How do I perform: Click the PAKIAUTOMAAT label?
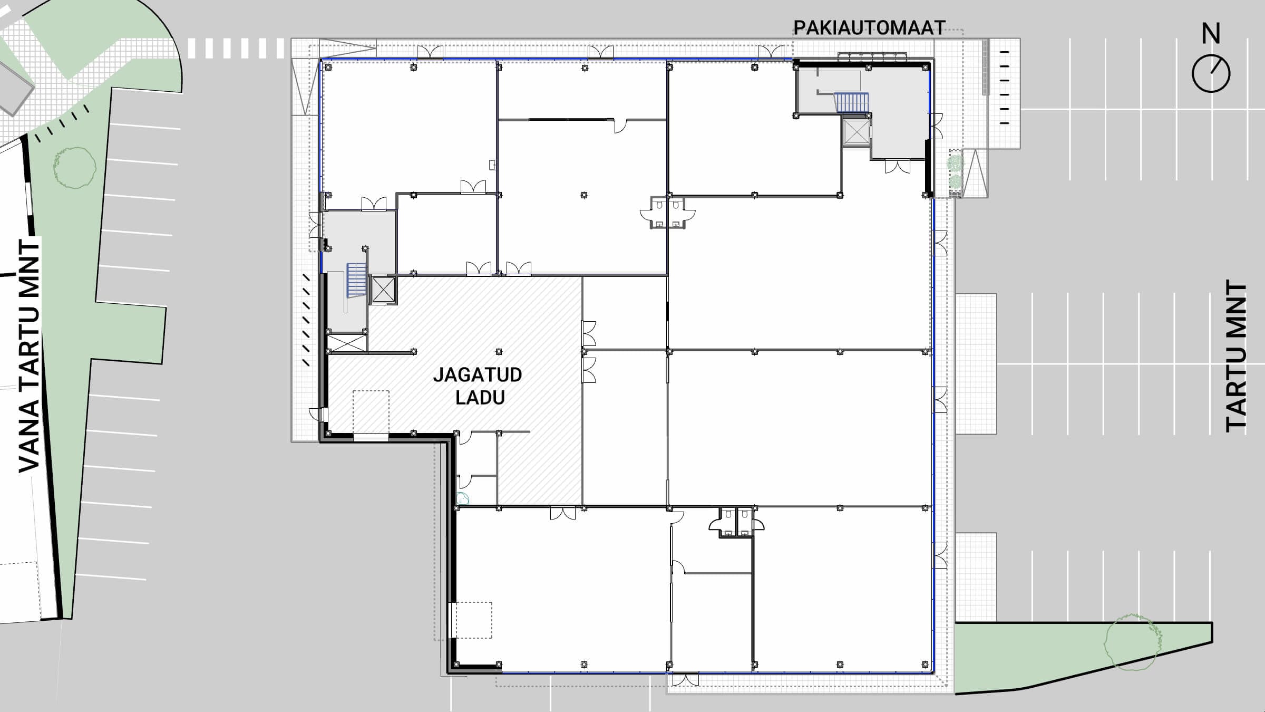tap(869, 28)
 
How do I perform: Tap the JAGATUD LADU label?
tap(478, 386)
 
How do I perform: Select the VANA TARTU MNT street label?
tap(30, 356)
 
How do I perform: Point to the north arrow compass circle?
tap(1211, 73)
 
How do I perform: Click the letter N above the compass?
tap(1211, 34)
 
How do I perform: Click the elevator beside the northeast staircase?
tap(856, 132)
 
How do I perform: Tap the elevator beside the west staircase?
tap(383, 290)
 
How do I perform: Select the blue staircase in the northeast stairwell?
tap(851, 103)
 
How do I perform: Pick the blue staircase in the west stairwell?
tap(357, 280)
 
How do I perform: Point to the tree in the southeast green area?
tap(1133, 642)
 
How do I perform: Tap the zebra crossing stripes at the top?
tap(236, 48)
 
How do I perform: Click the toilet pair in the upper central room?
tap(667, 212)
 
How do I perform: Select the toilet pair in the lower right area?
tap(736, 522)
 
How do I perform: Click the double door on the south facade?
tap(685, 679)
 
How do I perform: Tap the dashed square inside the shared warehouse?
tap(371, 415)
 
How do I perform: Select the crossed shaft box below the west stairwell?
tap(347, 343)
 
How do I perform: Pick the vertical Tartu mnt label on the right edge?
tap(1235, 356)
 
